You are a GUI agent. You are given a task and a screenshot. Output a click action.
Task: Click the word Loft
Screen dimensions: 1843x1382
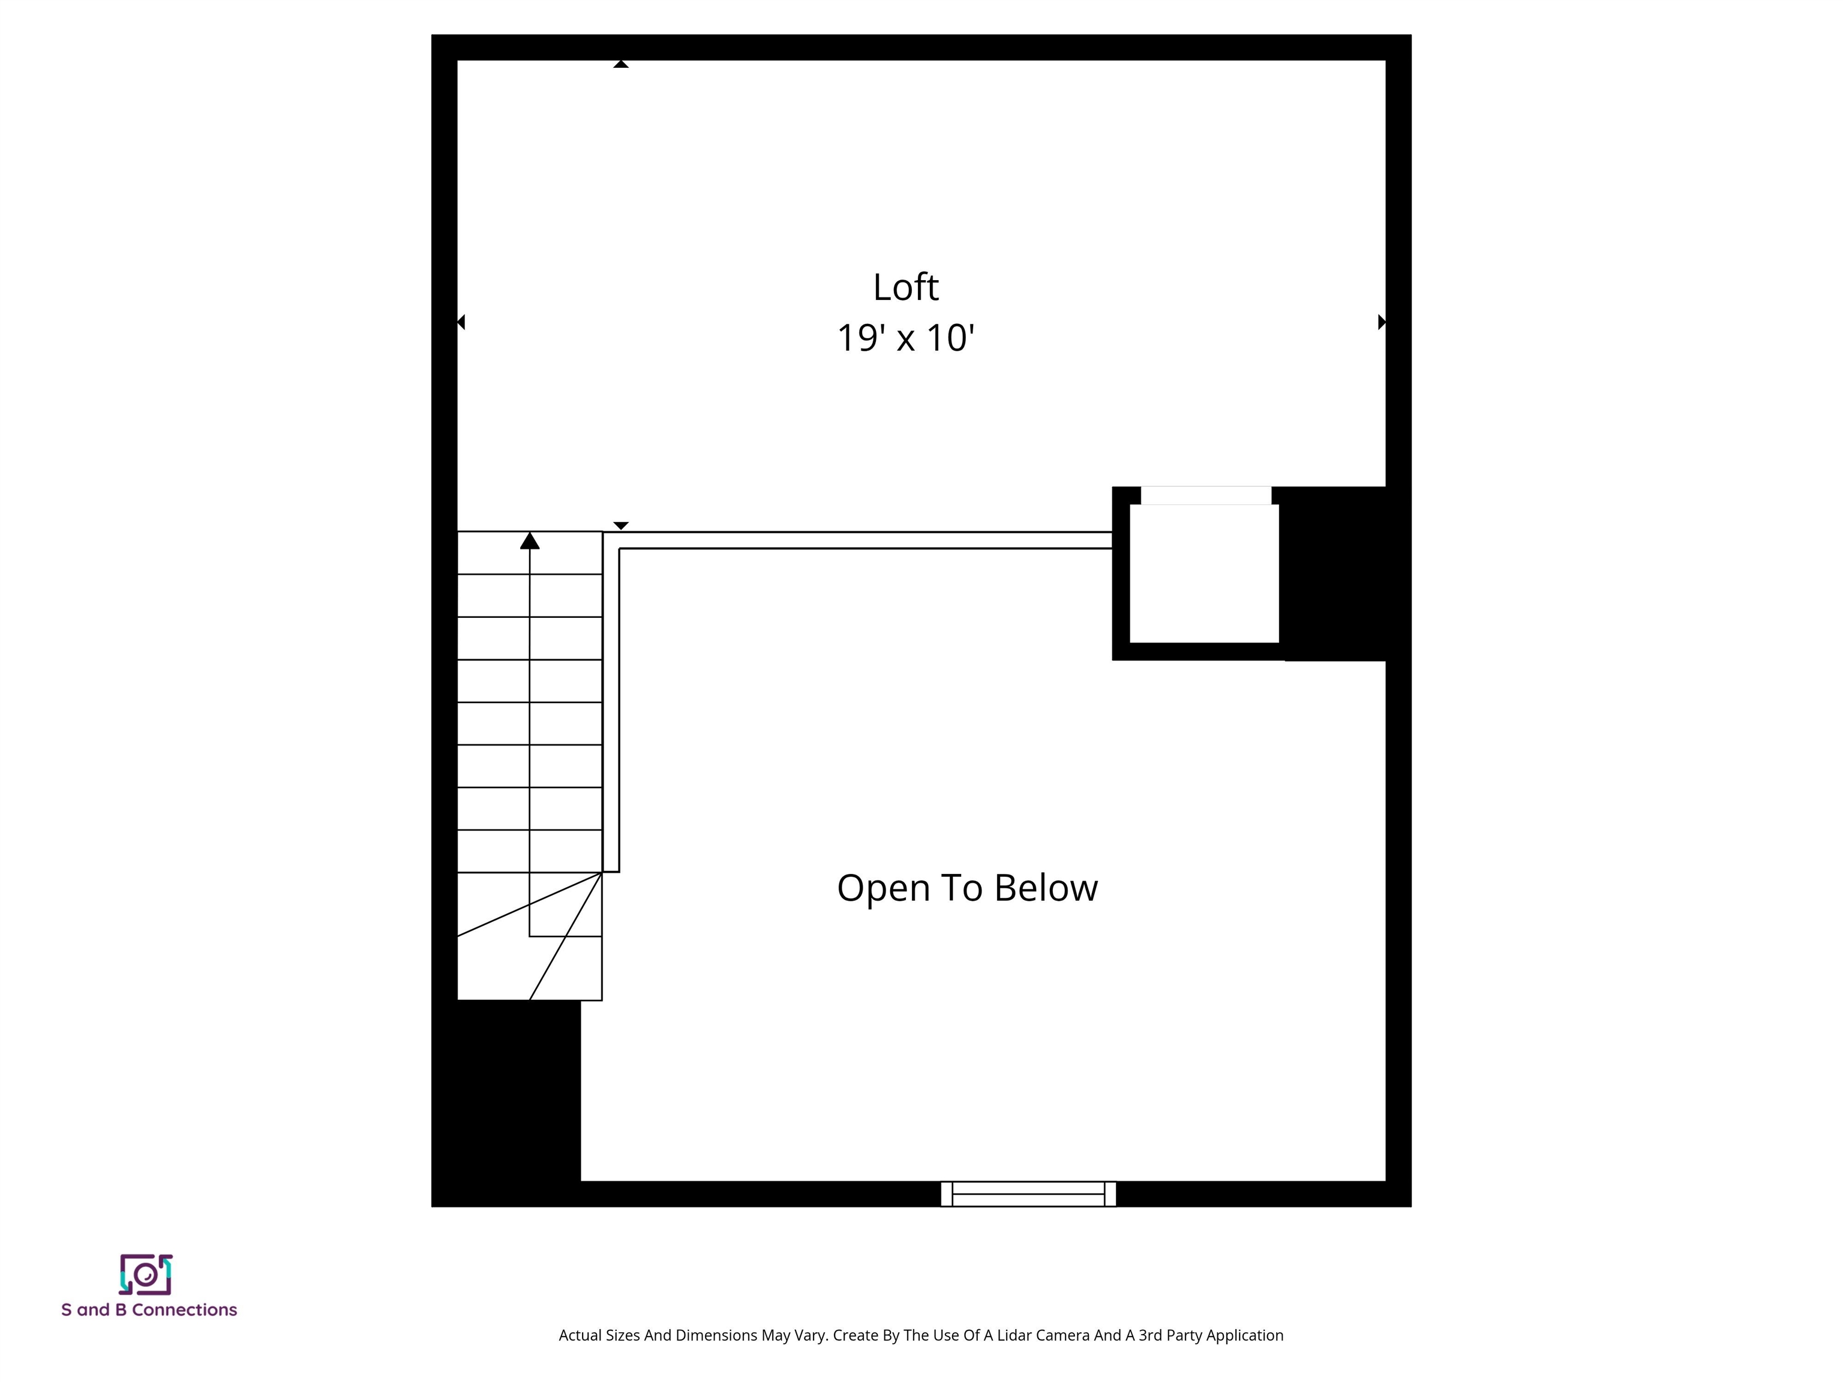tap(906, 287)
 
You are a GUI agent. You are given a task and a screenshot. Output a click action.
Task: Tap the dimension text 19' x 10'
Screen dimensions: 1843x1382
tap(906, 338)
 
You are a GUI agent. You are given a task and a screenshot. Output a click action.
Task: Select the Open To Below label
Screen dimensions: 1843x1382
tap(967, 888)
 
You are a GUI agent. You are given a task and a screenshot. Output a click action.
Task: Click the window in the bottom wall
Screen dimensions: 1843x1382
tap(1028, 1194)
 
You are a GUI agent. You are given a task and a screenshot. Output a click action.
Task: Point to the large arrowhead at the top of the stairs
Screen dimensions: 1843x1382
tap(530, 540)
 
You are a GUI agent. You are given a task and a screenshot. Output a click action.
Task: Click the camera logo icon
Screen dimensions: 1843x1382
tap(146, 1275)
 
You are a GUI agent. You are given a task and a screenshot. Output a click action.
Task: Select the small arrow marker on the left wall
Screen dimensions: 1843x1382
tap(461, 322)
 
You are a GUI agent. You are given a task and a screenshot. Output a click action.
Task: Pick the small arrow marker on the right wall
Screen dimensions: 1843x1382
tap(1382, 322)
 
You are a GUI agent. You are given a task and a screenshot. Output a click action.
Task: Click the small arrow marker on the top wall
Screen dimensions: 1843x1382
tap(621, 64)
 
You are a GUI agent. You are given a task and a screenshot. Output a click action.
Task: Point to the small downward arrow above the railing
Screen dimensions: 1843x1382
tap(621, 525)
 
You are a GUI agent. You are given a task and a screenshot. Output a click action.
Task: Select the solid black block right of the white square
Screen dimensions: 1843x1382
tap(1333, 573)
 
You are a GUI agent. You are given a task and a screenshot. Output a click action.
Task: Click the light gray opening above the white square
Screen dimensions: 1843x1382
tap(1206, 495)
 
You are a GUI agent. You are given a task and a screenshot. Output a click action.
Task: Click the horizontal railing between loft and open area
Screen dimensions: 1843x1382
tap(866, 540)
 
